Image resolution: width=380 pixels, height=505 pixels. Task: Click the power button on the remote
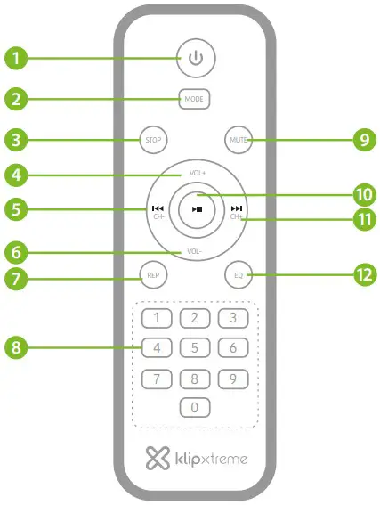click(x=196, y=61)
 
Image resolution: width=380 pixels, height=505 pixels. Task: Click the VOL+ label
click(x=197, y=173)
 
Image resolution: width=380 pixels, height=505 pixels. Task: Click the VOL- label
click(x=197, y=251)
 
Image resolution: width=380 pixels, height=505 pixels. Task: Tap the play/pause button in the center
click(x=196, y=211)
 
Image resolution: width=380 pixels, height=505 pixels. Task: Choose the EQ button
click(x=238, y=275)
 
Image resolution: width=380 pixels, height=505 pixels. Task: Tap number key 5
click(x=195, y=348)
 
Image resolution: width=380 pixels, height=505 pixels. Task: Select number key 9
click(x=232, y=379)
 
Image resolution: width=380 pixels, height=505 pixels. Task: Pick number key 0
click(x=195, y=409)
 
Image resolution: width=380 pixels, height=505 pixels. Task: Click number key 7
click(x=158, y=379)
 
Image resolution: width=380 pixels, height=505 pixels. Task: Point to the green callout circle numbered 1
click(x=15, y=61)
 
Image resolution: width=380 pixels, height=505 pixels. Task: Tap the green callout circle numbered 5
click(x=15, y=211)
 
